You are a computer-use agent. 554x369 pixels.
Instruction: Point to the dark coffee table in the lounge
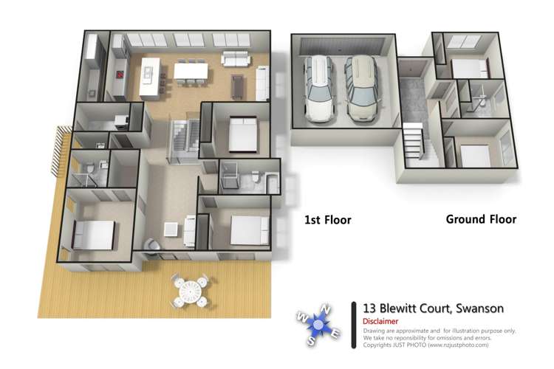pyautogui.click(x=238, y=85)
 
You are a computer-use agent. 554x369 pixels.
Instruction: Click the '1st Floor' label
pyautogui.click(x=327, y=220)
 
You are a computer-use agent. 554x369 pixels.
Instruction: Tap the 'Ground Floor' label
pyautogui.click(x=481, y=219)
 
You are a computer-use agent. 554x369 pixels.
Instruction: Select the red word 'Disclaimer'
pyautogui.click(x=380, y=322)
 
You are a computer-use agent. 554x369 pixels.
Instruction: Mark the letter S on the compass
pyautogui.click(x=312, y=341)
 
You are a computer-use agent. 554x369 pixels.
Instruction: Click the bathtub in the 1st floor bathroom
pyautogui.click(x=273, y=182)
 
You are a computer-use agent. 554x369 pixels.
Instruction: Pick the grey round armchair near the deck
pyautogui.click(x=151, y=246)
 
